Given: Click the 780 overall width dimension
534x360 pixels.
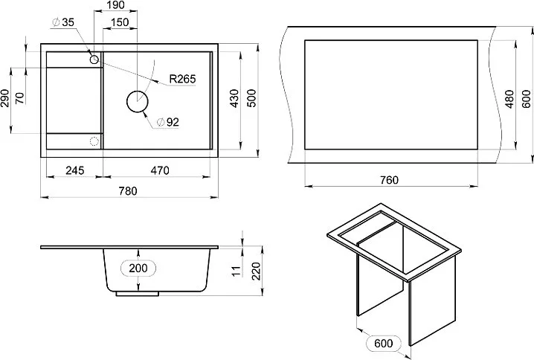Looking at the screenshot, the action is [x=128, y=190].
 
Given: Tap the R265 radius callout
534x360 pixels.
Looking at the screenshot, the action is [x=182, y=79].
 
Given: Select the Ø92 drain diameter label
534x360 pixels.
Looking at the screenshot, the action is [x=167, y=122].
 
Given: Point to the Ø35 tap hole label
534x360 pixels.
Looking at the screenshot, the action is [x=63, y=22].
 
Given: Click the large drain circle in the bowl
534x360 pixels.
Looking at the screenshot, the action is [x=138, y=101].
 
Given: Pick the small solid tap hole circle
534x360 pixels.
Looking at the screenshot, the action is [x=94, y=60].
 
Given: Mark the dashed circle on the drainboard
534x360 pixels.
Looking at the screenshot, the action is [x=94, y=141].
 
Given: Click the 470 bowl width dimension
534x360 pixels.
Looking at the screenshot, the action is [x=160, y=170].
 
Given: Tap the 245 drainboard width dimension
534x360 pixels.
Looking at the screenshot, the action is [x=75, y=170].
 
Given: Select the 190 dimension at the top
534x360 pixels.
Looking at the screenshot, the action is [x=115, y=5].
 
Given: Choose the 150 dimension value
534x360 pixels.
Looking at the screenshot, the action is [x=120, y=22].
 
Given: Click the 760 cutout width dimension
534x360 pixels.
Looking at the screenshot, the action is [x=389, y=180].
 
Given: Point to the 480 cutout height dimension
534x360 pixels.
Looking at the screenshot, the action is [x=509, y=99].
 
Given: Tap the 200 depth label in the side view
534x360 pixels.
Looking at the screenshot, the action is [x=138, y=268].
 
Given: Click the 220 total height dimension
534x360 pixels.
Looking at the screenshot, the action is [x=256, y=271].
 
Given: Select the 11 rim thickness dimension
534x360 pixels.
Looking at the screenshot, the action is [x=236, y=271].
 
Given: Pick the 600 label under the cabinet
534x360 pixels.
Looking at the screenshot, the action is [x=384, y=343].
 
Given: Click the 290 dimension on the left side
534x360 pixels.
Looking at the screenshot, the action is [x=4, y=98].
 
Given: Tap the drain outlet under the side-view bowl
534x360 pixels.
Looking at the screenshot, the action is [x=138, y=294].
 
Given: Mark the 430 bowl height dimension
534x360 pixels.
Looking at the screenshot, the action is [x=234, y=98].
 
